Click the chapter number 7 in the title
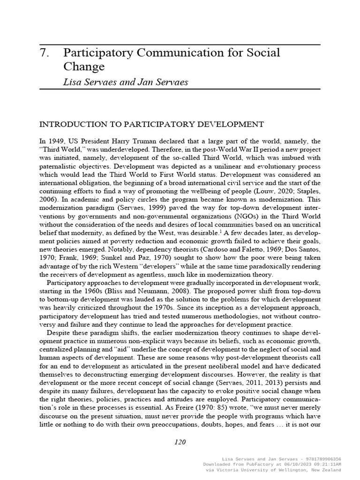click(x=44, y=53)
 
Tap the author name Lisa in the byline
click(x=73, y=82)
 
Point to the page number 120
click(x=180, y=442)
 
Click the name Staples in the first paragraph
click(x=307, y=191)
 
